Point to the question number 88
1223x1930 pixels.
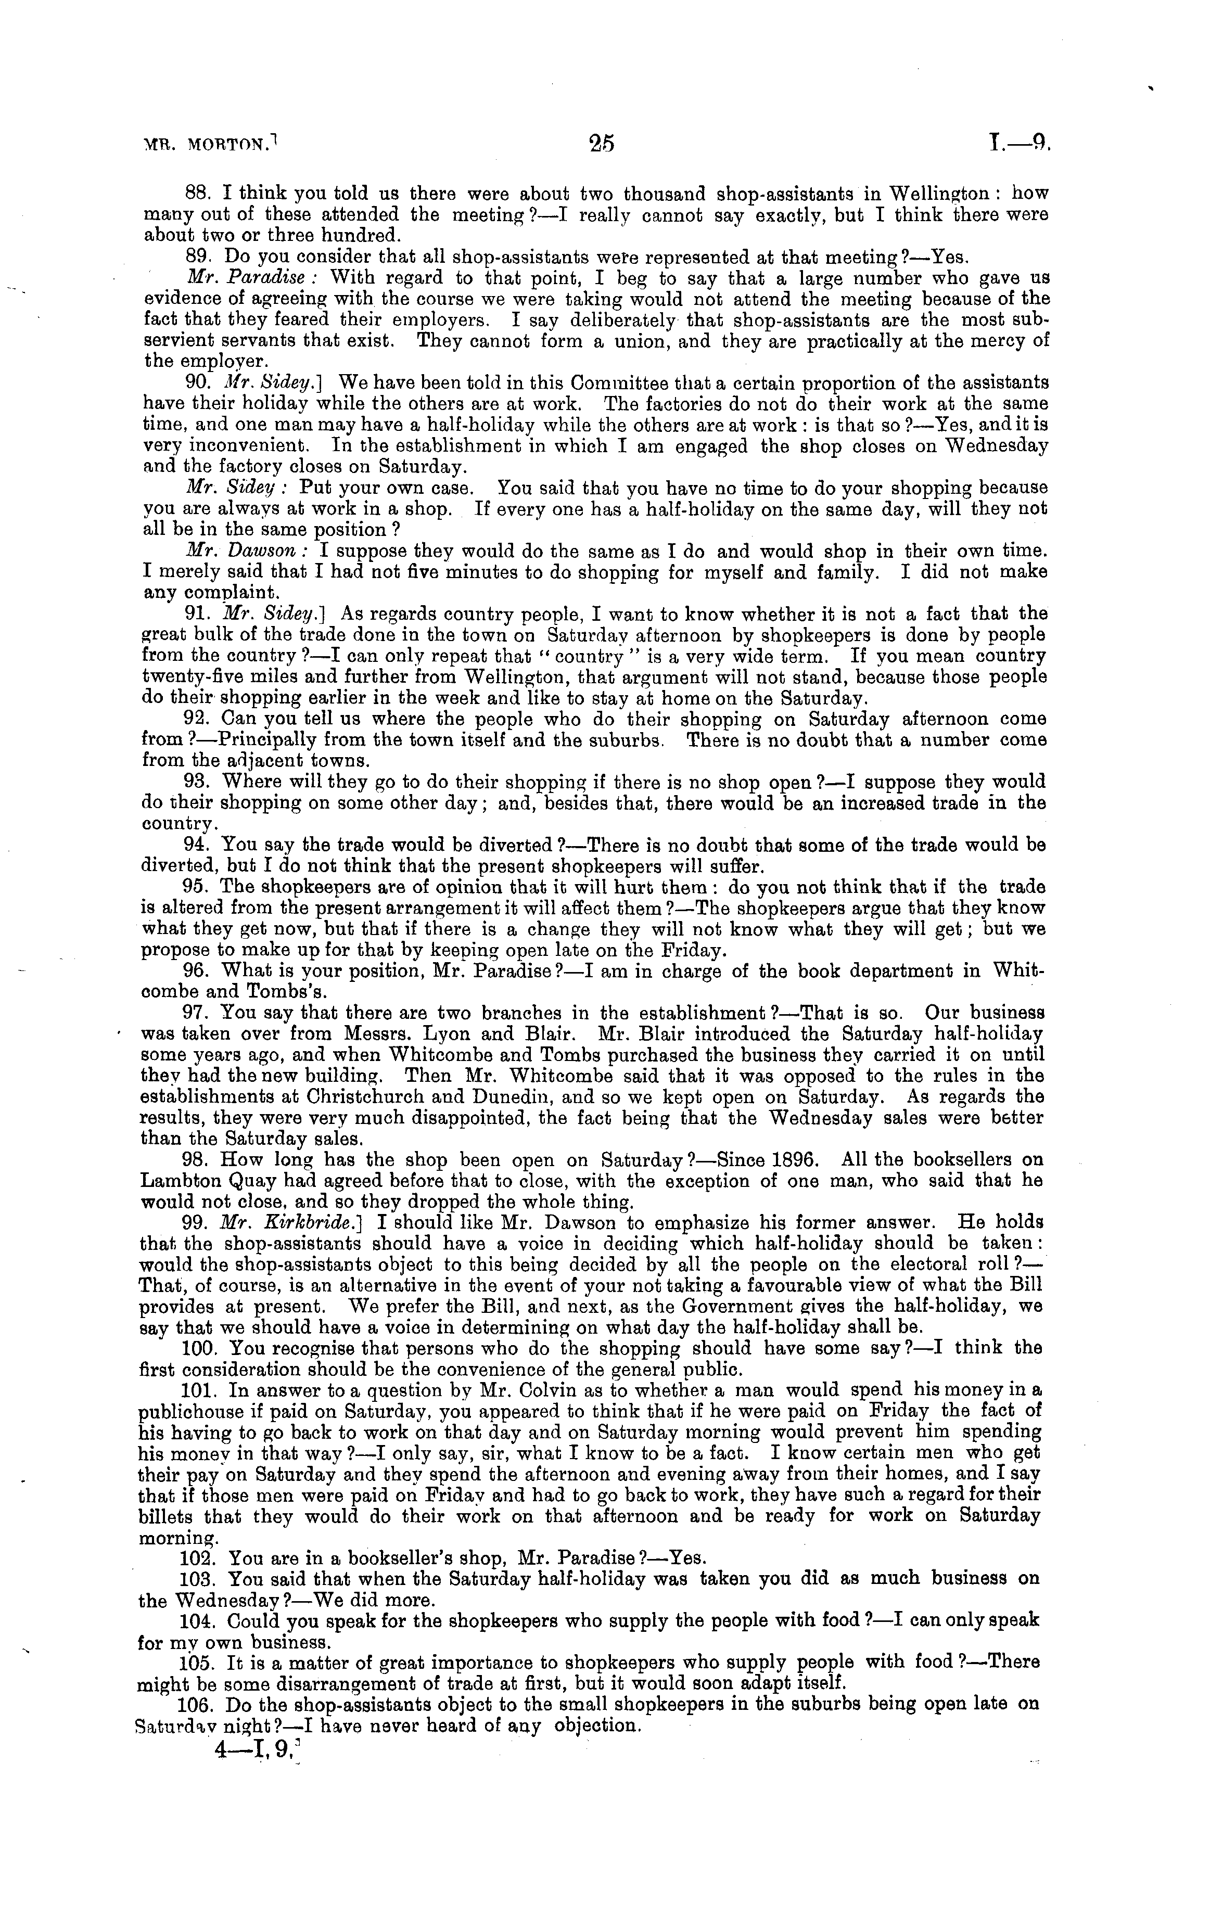click(x=197, y=195)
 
